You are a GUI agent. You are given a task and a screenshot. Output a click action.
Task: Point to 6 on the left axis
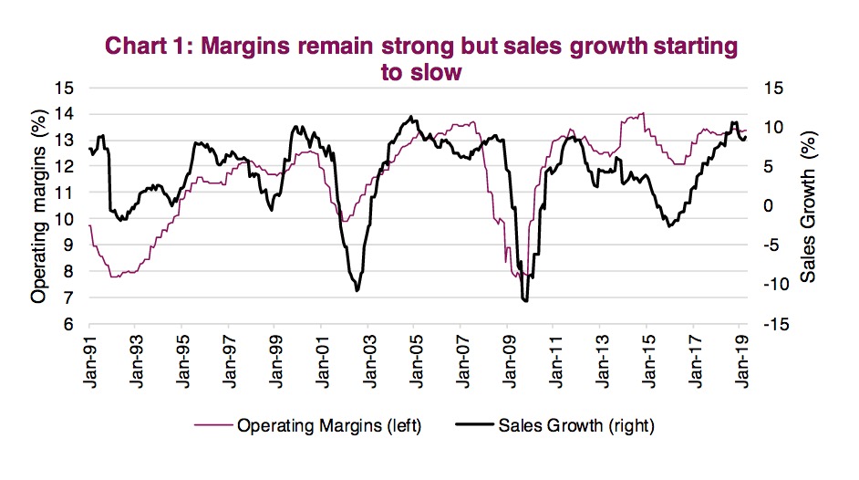pos(69,324)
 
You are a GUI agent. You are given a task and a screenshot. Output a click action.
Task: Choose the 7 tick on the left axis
pos(69,297)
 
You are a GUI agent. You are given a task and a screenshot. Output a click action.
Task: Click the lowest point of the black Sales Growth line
pos(525,300)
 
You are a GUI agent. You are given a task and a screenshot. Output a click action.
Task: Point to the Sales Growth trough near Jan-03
pos(357,290)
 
